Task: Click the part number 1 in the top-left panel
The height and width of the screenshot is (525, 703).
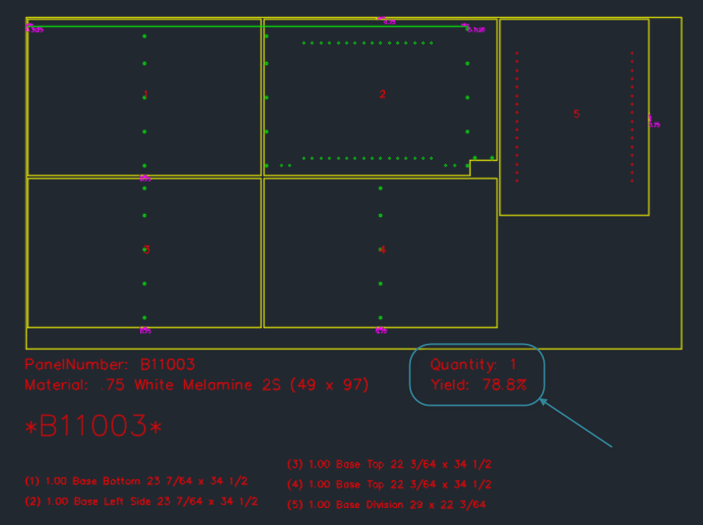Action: pyautogui.click(x=145, y=95)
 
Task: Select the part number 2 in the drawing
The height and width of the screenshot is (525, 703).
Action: pyautogui.click(x=382, y=94)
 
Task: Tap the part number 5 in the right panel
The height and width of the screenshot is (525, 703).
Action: pyautogui.click(x=577, y=113)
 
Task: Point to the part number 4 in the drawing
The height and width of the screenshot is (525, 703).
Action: pyautogui.click(x=382, y=249)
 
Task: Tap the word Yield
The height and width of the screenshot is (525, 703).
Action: pyautogui.click(x=449, y=385)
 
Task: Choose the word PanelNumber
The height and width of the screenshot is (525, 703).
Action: pyautogui.click(x=77, y=365)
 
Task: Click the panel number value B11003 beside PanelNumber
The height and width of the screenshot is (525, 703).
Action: pyautogui.click(x=168, y=365)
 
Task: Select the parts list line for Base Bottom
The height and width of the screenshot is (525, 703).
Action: pyautogui.click(x=137, y=481)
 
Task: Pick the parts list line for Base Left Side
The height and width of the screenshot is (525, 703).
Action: pyautogui.click(x=142, y=501)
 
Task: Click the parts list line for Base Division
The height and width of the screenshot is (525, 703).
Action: pyautogui.click(x=388, y=505)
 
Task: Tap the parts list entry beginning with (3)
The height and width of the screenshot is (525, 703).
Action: pyautogui.click(x=389, y=464)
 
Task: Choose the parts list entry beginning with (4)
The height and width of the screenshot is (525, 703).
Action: pyautogui.click(x=389, y=485)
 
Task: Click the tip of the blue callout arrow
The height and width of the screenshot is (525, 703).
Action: pyautogui.click(x=541, y=400)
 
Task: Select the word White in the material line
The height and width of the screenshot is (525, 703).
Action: pyautogui.click(x=154, y=385)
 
